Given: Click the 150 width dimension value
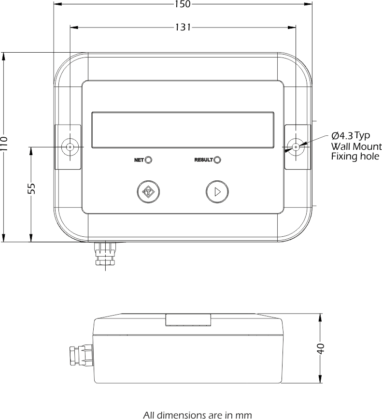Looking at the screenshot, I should pos(183,4).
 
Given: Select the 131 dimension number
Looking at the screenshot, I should pos(183,28).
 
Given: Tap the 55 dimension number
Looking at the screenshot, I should pos(32,188).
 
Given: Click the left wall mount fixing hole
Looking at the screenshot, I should pos(71,146).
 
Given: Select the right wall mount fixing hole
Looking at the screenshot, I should pos(295,146).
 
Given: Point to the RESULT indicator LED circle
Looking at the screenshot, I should pos(217,160).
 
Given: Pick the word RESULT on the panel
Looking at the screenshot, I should pos(203,160).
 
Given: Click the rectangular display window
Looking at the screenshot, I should pos(183,130).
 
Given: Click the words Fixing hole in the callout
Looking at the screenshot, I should pos(355,157).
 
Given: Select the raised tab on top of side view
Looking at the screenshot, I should pos(188,320).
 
